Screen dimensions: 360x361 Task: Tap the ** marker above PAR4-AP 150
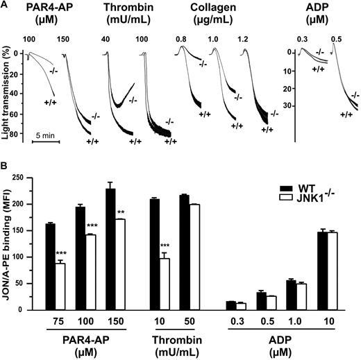pyautogui.click(x=121, y=211)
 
